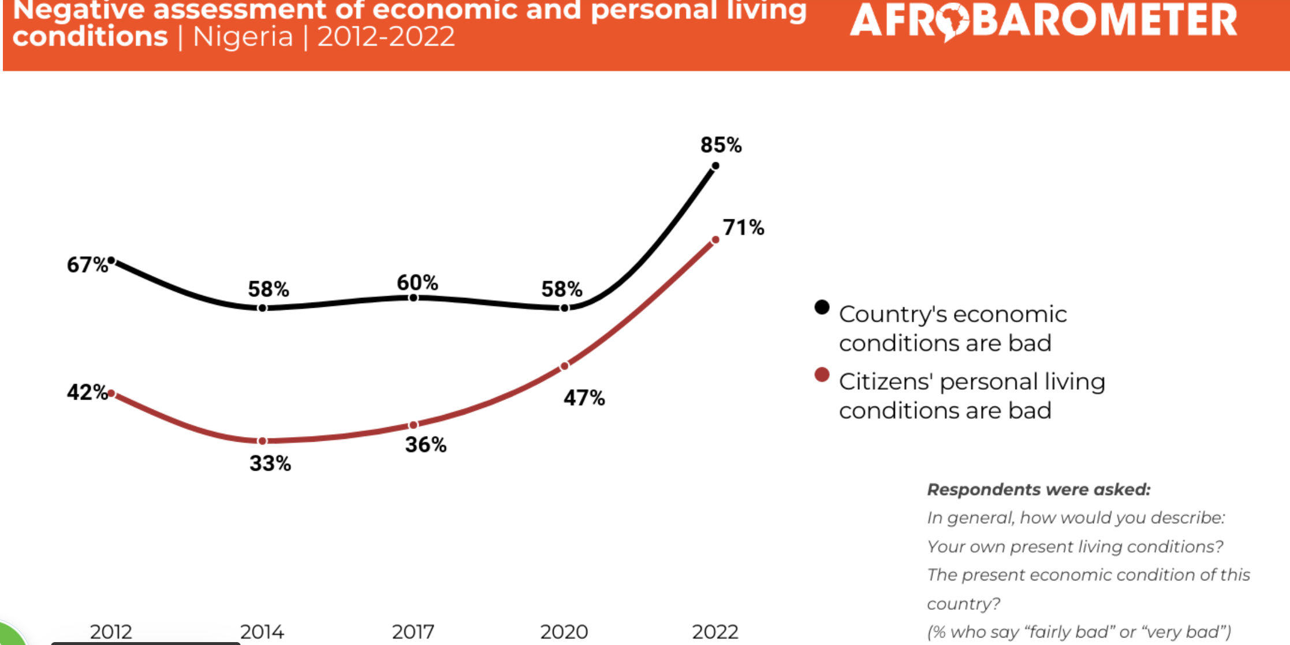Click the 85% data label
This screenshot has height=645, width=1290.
click(721, 145)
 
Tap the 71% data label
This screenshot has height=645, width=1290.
click(743, 228)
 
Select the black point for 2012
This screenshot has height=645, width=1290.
click(111, 261)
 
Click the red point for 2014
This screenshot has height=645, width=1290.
click(262, 441)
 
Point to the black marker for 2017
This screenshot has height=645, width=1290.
click(413, 298)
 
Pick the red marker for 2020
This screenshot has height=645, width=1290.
click(564, 366)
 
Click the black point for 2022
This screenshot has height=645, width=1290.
click(715, 166)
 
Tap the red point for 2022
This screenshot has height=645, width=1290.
click(715, 240)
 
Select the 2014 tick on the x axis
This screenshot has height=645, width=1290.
click(262, 632)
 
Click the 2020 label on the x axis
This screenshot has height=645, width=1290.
click(564, 632)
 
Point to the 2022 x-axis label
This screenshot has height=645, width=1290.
click(715, 632)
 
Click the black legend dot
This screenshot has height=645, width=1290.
click(822, 307)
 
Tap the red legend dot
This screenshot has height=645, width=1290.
click(822, 375)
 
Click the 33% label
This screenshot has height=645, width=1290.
click(270, 464)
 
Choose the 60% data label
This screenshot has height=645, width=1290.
click(417, 283)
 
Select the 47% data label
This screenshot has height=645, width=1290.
click(584, 398)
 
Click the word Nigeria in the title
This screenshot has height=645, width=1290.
click(243, 38)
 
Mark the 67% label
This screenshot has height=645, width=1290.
click(87, 265)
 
